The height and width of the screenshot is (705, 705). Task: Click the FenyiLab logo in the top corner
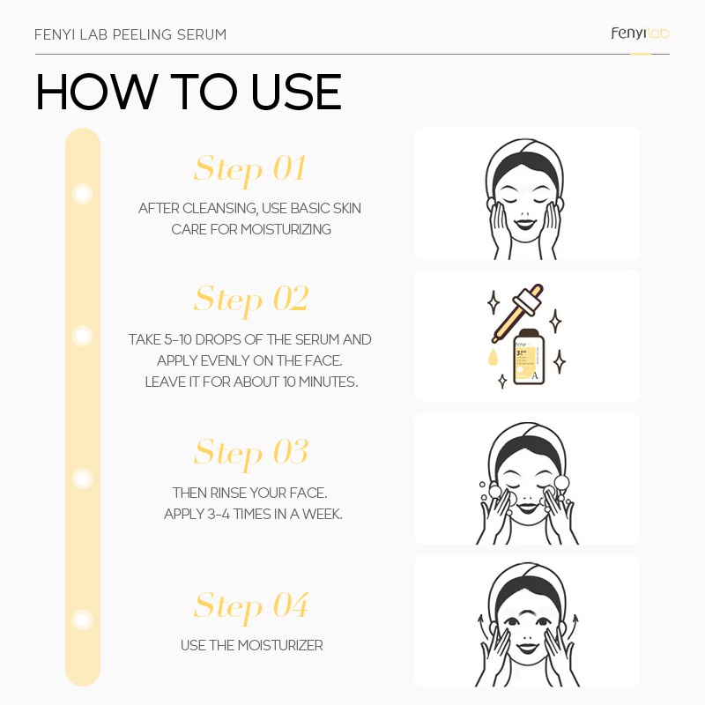(x=640, y=33)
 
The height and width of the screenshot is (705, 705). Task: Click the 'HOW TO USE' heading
(x=188, y=93)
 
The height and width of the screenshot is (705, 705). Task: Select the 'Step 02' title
(x=250, y=299)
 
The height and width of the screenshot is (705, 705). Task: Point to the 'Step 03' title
(x=250, y=452)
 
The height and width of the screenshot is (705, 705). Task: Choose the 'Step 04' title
(x=250, y=605)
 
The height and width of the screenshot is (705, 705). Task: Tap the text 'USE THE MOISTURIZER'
(x=251, y=646)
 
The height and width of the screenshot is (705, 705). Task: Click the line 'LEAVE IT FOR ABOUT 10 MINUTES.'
(x=251, y=382)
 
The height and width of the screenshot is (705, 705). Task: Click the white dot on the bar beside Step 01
(x=83, y=193)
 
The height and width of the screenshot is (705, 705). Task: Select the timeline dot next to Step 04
(x=83, y=620)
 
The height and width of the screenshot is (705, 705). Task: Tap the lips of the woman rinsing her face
(x=526, y=507)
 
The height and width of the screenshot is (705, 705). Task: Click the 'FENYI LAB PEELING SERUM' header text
(x=130, y=35)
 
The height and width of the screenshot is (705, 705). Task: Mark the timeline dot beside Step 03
(x=83, y=479)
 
